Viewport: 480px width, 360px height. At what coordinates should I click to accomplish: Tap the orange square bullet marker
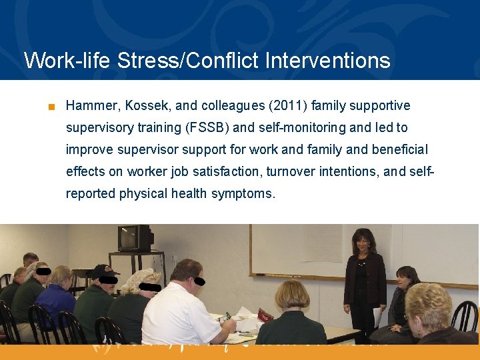pos(51,107)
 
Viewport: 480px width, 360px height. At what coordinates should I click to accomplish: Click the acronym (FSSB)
pos(205,127)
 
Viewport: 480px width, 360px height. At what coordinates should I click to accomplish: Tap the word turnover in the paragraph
pos(296,171)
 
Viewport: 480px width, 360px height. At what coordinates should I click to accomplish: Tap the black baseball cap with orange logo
pos(103,271)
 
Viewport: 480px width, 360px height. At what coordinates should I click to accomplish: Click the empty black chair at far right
pos(466,317)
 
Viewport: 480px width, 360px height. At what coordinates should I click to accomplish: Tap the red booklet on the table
pos(265,315)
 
